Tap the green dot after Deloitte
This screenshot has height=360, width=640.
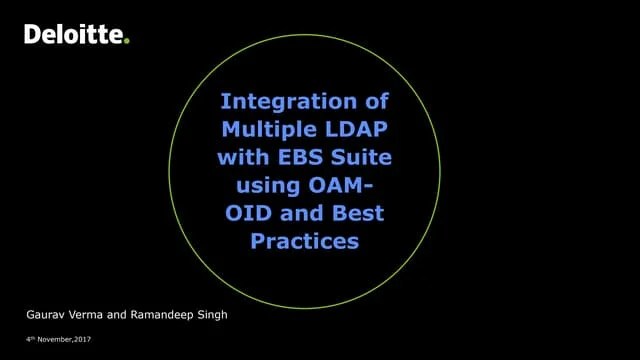tap(127, 40)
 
